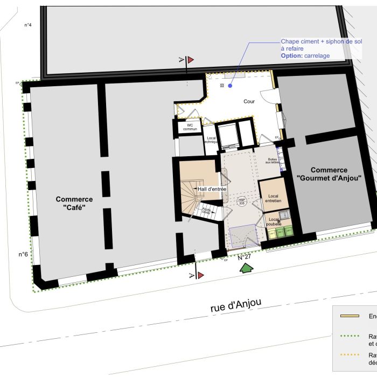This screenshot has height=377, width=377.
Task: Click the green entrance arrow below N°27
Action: (247, 268)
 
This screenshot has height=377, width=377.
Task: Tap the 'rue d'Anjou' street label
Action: (236, 305)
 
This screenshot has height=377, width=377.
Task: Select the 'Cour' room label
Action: (248, 101)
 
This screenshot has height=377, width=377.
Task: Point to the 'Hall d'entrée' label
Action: (212, 189)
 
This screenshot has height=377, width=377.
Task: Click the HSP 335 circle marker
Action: (242, 201)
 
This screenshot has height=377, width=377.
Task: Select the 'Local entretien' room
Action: (273, 198)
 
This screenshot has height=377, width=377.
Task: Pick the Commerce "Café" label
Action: (74, 204)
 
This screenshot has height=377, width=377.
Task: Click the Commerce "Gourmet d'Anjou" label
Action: (329, 173)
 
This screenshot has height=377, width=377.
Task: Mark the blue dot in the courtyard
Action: (230, 85)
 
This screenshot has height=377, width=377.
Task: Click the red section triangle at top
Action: (191, 60)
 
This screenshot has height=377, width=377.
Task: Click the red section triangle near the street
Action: (200, 275)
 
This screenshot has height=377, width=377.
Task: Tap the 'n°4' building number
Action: (29, 25)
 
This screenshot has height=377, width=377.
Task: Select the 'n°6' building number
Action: (24, 254)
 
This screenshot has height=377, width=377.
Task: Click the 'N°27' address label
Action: (245, 257)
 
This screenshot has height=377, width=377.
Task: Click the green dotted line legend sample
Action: (351, 336)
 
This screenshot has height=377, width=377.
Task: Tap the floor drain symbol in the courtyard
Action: (221, 85)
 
